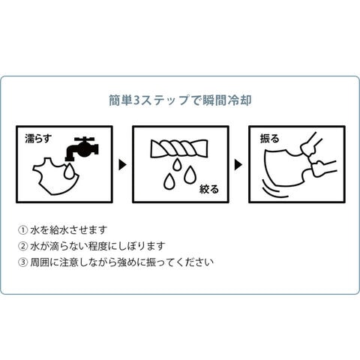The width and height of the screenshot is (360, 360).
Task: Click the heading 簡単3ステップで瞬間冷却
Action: (180, 100)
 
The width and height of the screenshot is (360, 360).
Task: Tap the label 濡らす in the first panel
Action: (38, 139)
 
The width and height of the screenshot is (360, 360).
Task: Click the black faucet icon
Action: (82, 148)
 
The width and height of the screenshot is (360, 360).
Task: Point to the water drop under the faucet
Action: (69, 171)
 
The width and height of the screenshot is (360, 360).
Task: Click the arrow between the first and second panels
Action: (122, 165)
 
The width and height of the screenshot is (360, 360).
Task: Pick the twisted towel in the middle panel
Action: (179, 148)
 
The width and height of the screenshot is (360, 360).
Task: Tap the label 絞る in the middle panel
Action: (209, 189)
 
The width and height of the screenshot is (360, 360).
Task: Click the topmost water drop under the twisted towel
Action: (177, 164)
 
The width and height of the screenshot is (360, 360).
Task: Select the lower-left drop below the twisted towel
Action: (169, 181)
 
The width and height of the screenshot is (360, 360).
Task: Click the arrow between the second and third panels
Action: (238, 165)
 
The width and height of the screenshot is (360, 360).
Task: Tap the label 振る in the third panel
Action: (269, 138)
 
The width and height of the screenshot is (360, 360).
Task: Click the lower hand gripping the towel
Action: (322, 167)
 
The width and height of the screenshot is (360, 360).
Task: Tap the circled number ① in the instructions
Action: (23, 230)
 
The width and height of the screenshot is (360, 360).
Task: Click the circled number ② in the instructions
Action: (23, 246)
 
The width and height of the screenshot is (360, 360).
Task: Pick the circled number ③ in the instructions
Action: (23, 262)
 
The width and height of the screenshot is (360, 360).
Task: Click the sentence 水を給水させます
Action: (69, 230)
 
